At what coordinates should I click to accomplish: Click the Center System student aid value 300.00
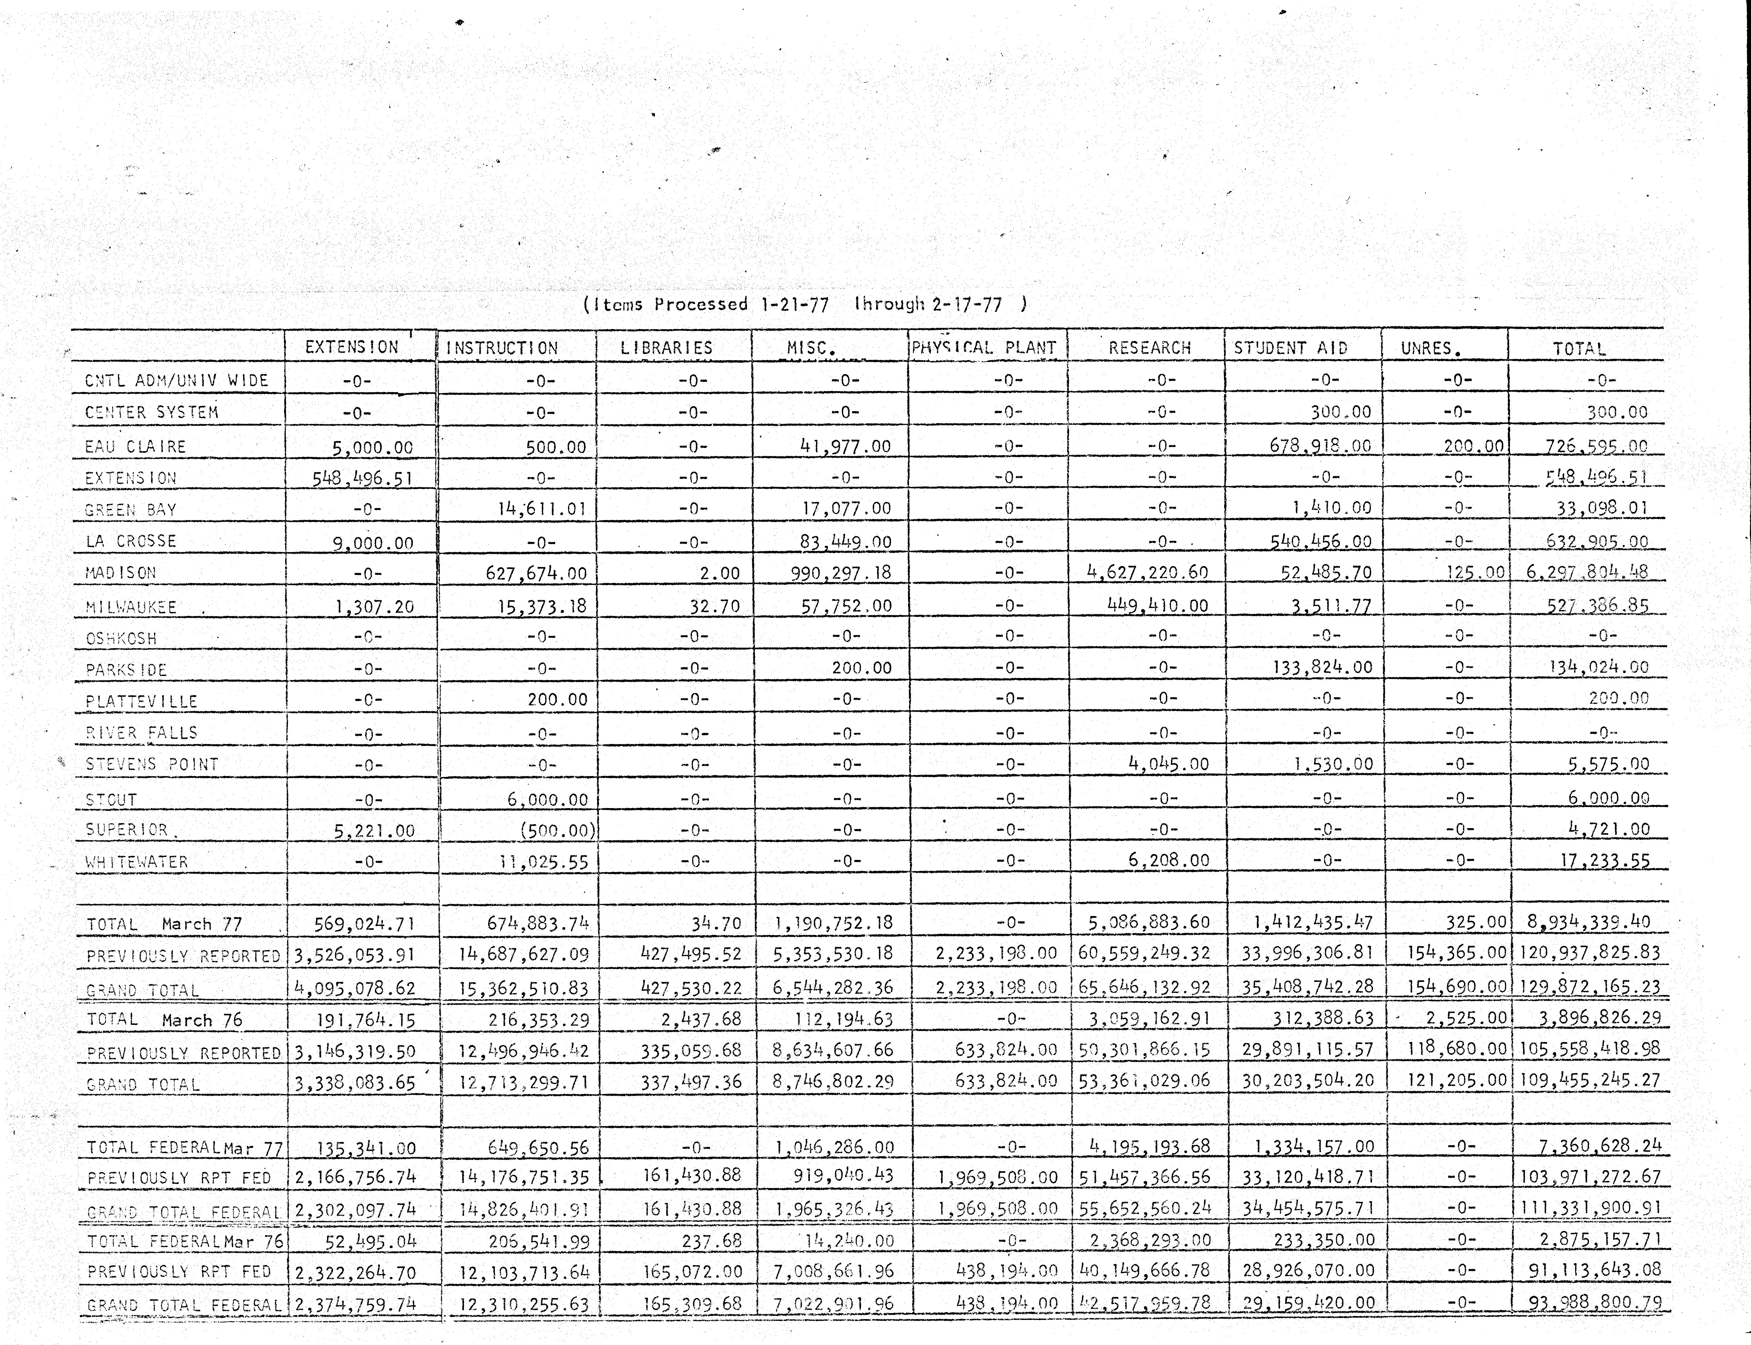pos(1340,412)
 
